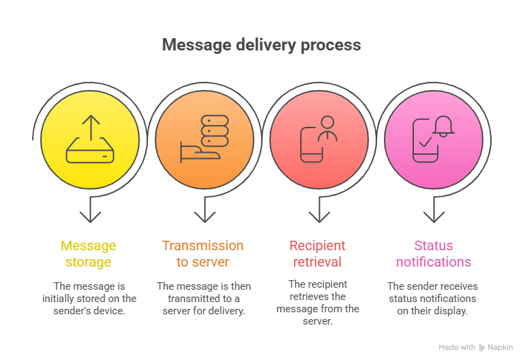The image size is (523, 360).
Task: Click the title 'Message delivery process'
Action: pyautogui.click(x=261, y=46)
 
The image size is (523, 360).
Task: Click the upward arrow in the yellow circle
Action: pyautogui.click(x=90, y=127)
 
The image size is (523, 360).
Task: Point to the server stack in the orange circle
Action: pyautogui.click(x=214, y=131)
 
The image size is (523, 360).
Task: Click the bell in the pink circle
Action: pyautogui.click(x=444, y=125)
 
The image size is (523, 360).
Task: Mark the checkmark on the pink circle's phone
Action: pyautogui.click(x=425, y=143)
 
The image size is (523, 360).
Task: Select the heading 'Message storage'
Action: pyautogui.click(x=89, y=254)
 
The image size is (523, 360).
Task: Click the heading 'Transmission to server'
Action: pyautogui.click(x=203, y=254)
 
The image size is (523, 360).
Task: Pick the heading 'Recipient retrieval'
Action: pyautogui.click(x=317, y=254)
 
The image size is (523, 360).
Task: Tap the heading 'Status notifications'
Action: pyautogui.click(x=433, y=254)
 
